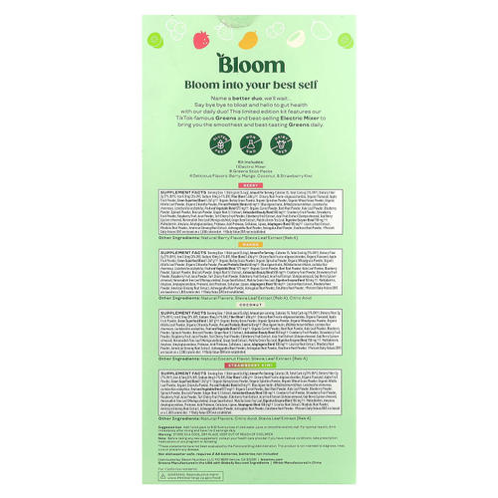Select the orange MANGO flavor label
click(249, 246)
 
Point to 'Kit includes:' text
click(249, 159)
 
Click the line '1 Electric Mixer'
click(249, 164)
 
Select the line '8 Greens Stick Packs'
click(249, 170)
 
